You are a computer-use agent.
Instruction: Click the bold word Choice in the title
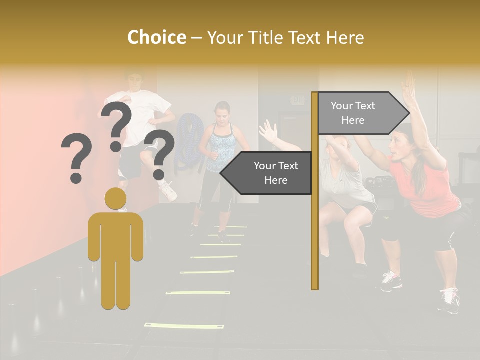pos(156,37)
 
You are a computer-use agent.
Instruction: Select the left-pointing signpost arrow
pos(267,173)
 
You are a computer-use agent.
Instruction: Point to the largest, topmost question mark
pos(117,125)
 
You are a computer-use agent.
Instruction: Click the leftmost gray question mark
pos(76,157)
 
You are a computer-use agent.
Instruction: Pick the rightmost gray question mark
pos(159,154)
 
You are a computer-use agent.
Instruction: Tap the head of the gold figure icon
pos(115,198)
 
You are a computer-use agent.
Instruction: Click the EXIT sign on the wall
pos(298,100)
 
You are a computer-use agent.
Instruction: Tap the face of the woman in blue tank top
pos(222,113)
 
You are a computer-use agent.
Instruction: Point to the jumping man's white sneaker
pos(168,191)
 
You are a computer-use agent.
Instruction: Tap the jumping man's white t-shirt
pos(142,112)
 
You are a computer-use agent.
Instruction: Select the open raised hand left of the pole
pos(268,131)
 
